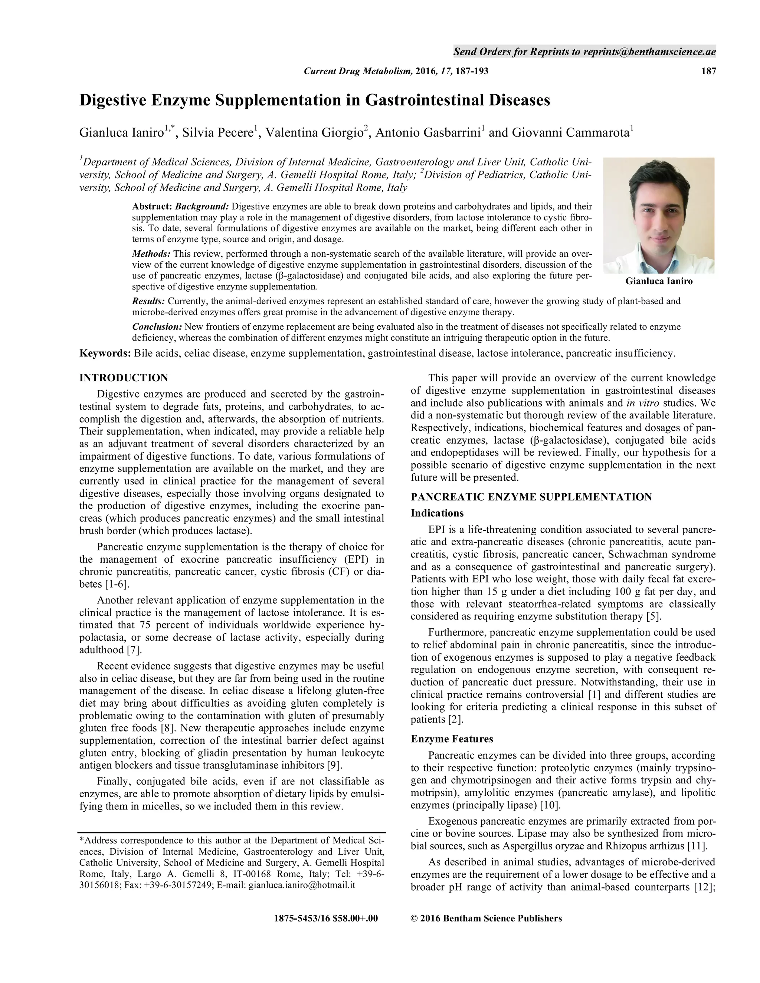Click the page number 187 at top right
(x=708, y=71)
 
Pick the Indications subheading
(x=437, y=513)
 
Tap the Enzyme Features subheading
(x=452, y=739)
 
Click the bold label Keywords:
(x=105, y=353)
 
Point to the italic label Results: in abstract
(x=148, y=301)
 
